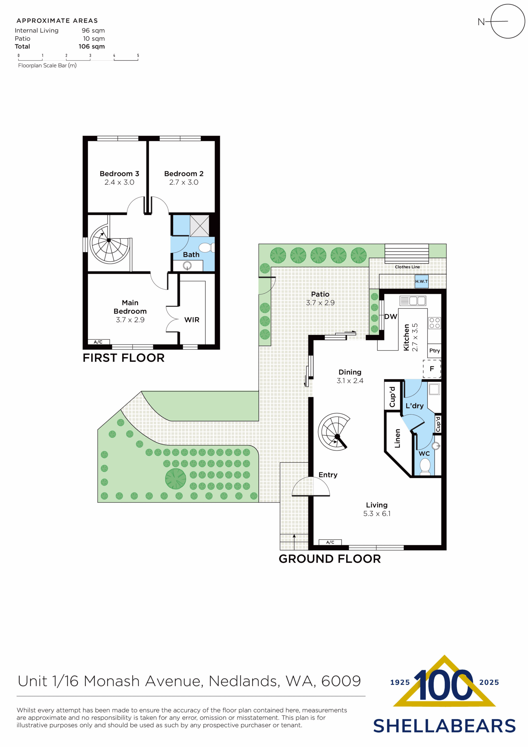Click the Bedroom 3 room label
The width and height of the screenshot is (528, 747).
[119, 173]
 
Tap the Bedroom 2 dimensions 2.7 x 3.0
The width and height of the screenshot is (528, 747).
[183, 182]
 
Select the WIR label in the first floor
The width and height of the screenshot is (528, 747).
[192, 320]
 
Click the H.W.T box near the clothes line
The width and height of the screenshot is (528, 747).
[421, 281]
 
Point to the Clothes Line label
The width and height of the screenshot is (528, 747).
[407, 267]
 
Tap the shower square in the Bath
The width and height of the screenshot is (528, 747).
[200, 226]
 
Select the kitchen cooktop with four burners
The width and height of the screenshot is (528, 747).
[434, 323]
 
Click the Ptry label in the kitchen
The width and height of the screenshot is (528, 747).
[434, 350]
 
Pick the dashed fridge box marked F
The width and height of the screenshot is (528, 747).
[432, 369]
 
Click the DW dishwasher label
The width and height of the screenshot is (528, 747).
[390, 317]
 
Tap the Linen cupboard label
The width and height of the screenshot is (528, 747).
[397, 438]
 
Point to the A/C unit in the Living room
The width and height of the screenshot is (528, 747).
[330, 542]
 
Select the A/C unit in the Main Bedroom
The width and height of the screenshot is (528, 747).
[98, 342]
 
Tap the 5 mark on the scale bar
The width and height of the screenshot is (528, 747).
[138, 56]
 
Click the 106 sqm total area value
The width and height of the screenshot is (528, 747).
[91, 46]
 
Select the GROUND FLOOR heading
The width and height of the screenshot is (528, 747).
[330, 559]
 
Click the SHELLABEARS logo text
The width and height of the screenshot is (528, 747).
[444, 726]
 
